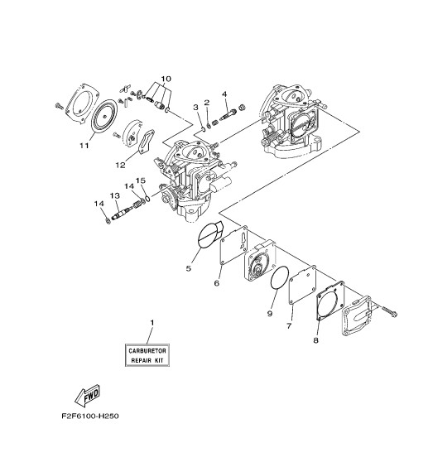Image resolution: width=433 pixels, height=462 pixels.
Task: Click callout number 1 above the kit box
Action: (x=152, y=321)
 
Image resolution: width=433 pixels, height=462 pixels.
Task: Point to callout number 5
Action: (x=188, y=268)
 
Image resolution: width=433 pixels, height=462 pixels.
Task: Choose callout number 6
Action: (x=216, y=283)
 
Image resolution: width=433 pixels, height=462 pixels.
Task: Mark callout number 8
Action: (x=315, y=339)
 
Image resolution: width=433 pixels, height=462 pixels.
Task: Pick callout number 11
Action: (x=84, y=146)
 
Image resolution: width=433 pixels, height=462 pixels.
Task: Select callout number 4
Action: (x=224, y=94)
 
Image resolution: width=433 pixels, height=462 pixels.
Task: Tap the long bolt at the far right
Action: (x=389, y=311)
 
